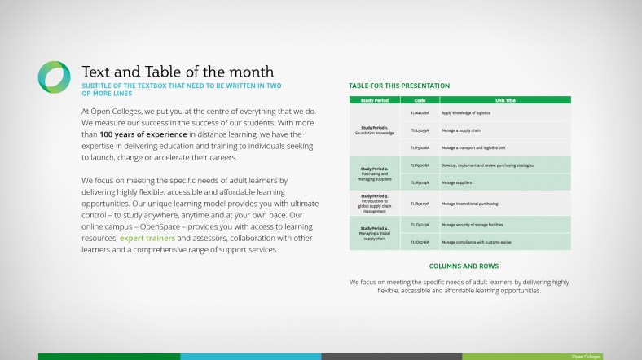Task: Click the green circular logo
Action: coord(54,77)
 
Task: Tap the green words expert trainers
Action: coord(147,238)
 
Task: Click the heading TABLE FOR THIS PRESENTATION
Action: coord(398,86)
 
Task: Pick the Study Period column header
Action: coord(375,100)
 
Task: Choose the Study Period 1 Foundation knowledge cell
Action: coord(375,130)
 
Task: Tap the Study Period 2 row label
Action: coord(375,173)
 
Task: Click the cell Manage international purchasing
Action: coord(470,204)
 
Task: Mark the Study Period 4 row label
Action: coord(375,232)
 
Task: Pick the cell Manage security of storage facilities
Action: coord(476,224)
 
